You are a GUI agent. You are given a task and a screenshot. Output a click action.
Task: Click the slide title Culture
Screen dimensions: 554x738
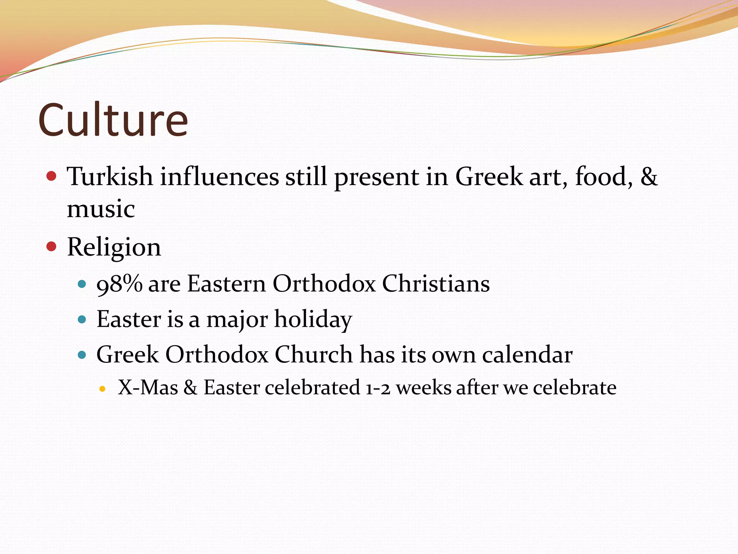113,120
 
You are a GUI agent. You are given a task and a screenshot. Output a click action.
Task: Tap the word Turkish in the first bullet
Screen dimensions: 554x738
110,177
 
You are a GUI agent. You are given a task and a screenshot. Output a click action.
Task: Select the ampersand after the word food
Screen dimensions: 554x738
649,177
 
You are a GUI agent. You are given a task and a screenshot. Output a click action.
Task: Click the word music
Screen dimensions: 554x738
101,209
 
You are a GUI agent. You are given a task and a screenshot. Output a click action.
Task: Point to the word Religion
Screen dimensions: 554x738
114,247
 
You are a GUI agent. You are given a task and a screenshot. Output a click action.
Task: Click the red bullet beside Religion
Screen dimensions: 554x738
52,247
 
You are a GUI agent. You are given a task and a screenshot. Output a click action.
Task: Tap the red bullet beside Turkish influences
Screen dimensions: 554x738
52,176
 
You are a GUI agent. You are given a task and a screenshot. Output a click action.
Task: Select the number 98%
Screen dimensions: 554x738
119,283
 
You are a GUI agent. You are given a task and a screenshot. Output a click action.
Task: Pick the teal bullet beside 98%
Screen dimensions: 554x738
82,284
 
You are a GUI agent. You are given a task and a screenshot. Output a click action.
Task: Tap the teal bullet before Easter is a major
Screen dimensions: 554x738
82,320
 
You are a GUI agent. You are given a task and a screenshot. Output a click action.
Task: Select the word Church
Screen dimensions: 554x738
314,354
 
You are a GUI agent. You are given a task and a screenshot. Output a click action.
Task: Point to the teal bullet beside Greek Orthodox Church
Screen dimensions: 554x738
82,355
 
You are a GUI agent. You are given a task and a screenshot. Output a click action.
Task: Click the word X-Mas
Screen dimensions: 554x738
148,388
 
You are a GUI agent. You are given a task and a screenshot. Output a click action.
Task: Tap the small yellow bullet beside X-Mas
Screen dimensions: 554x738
102,389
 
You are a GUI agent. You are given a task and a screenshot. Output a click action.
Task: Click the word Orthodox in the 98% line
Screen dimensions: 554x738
324,283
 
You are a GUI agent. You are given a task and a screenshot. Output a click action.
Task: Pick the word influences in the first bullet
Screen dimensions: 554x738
219,177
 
